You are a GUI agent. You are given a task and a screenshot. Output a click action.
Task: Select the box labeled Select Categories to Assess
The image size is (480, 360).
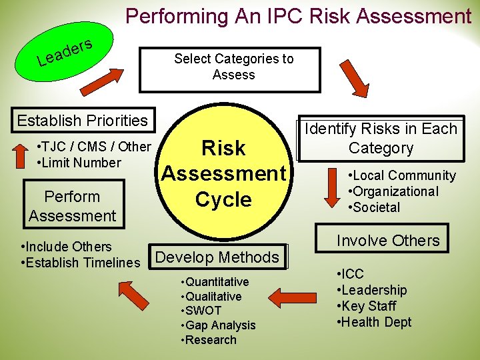(229, 69)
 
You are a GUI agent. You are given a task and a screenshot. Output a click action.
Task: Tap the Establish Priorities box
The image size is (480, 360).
(82, 121)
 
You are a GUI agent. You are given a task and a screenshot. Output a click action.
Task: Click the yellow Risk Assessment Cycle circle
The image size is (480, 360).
(223, 173)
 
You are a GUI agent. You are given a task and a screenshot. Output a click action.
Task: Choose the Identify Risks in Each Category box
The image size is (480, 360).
(381, 139)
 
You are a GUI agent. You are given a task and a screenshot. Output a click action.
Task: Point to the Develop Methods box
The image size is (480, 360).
(217, 257)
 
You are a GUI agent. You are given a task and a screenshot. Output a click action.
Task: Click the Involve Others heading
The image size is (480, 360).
(388, 241)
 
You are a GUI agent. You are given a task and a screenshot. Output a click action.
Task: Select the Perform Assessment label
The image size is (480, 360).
(72, 206)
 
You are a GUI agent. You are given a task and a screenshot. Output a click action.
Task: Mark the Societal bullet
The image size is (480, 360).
(375, 207)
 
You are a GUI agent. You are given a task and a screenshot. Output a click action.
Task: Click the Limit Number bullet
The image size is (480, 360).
(81, 163)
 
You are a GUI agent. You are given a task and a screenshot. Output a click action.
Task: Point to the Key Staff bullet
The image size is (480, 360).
(369, 306)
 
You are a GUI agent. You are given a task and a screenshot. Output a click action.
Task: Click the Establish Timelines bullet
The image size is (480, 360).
(82, 263)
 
